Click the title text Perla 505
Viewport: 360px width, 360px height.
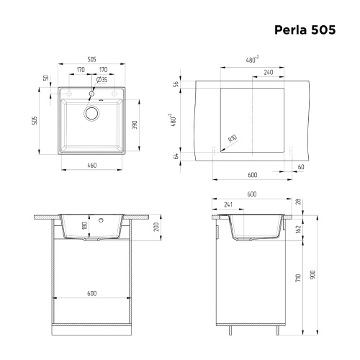pyautogui.click(x=305, y=31)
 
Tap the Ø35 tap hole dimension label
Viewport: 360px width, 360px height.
pyautogui.click(x=102, y=80)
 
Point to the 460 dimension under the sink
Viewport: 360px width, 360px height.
pyautogui.click(x=91, y=166)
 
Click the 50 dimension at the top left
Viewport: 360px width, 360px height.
pyautogui.click(x=45, y=78)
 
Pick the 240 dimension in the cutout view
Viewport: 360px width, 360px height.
pyautogui.click(x=268, y=73)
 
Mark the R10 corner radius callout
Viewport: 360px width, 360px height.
pyautogui.click(x=232, y=140)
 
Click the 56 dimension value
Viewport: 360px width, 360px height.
pyautogui.click(x=176, y=84)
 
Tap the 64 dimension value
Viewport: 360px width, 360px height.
pyautogui.click(x=176, y=156)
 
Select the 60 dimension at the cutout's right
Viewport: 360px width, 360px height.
pyautogui.click(x=300, y=166)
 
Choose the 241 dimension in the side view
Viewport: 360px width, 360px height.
pyautogui.click(x=229, y=204)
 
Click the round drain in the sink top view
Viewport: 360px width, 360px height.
pyautogui.click(x=91, y=112)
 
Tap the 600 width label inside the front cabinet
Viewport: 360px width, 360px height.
pyautogui.click(x=91, y=293)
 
